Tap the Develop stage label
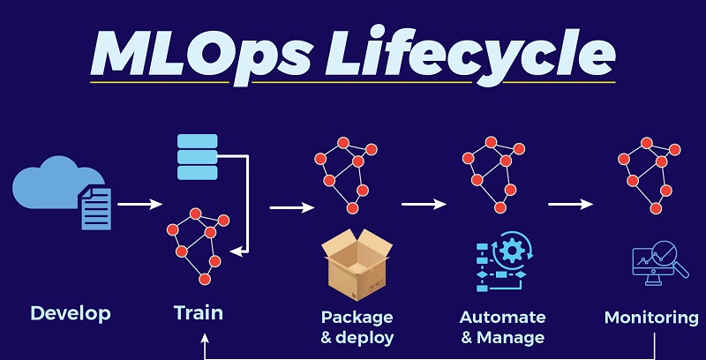[x=71, y=313]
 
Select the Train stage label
[x=199, y=312]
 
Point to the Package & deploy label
[x=357, y=326]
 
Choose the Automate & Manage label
[x=503, y=326]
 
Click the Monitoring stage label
[x=652, y=317]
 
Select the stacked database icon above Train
[x=196, y=157]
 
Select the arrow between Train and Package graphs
[x=291, y=208]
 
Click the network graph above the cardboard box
[x=344, y=176]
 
